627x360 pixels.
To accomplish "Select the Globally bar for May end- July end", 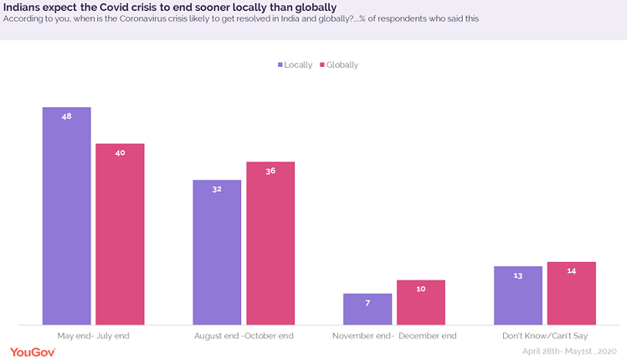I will (120, 234).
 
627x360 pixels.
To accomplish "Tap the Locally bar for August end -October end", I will (217, 251).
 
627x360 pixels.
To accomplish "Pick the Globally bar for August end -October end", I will (270, 243).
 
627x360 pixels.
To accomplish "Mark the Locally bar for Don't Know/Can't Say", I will (518, 295).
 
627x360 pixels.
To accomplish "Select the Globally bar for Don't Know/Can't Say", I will (571, 292).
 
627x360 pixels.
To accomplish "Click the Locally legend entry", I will (294, 64).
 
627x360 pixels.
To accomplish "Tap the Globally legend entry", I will (337, 64).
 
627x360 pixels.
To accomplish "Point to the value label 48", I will (67, 116).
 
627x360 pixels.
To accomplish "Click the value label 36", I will (270, 171).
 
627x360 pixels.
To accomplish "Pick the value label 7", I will (367, 302).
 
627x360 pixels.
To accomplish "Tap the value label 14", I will (571, 271).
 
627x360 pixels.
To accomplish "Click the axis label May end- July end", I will (93, 336).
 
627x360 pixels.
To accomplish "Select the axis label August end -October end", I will (244, 336).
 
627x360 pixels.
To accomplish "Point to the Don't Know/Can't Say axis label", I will (545, 336).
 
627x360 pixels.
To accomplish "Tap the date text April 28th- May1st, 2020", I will (569, 352).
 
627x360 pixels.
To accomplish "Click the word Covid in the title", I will (117, 8).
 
